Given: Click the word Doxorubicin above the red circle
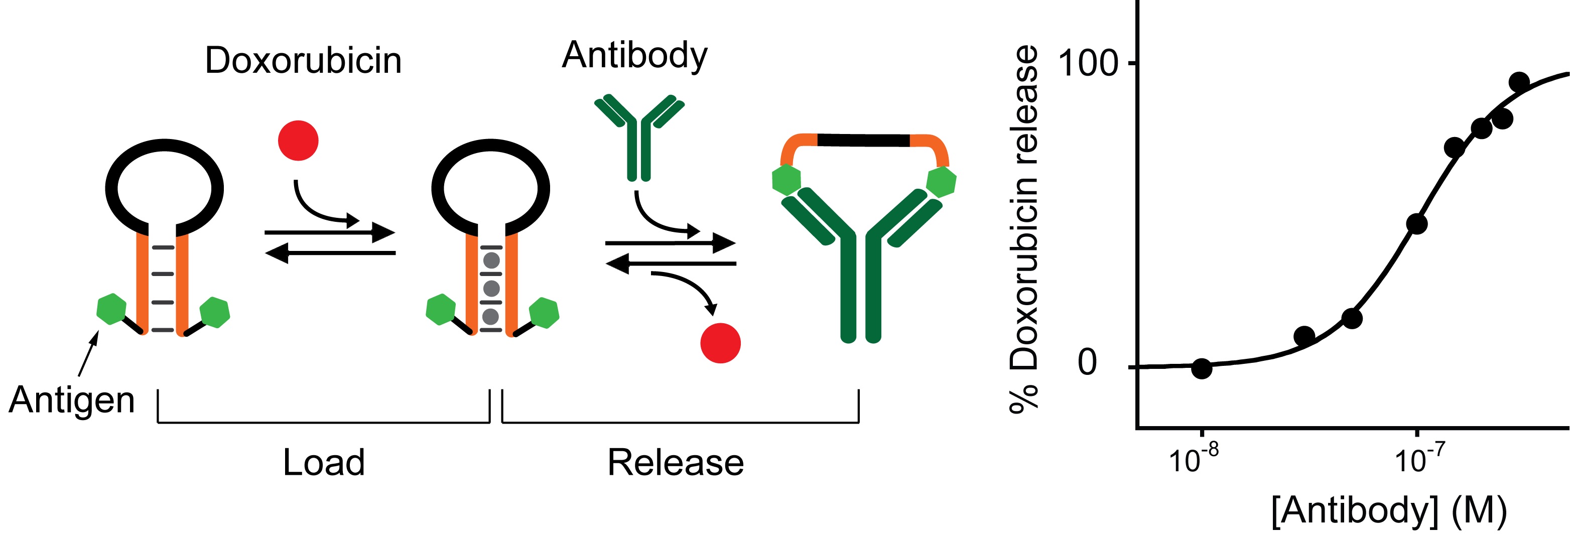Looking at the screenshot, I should (x=303, y=60).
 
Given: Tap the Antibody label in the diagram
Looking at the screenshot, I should (x=634, y=55).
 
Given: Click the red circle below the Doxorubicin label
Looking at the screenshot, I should (x=298, y=141).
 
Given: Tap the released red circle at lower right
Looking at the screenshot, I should (x=720, y=343).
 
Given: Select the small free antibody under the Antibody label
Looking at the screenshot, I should (x=639, y=137).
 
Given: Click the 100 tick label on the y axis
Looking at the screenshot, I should (x=1089, y=63).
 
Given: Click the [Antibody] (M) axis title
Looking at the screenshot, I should (x=1388, y=510).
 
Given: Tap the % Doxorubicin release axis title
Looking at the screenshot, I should (x=1024, y=228).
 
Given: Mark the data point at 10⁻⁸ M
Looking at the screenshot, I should (x=1201, y=368).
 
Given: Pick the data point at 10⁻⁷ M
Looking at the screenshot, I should (x=1417, y=224).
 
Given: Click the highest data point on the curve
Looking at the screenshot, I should (x=1519, y=82).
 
